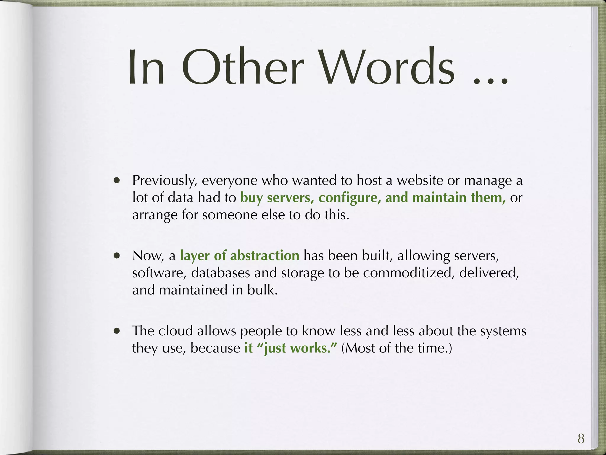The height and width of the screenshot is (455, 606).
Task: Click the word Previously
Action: pos(165,181)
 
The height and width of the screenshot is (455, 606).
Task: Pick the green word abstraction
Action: pos(265,255)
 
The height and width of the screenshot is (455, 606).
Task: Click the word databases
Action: pos(220,273)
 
